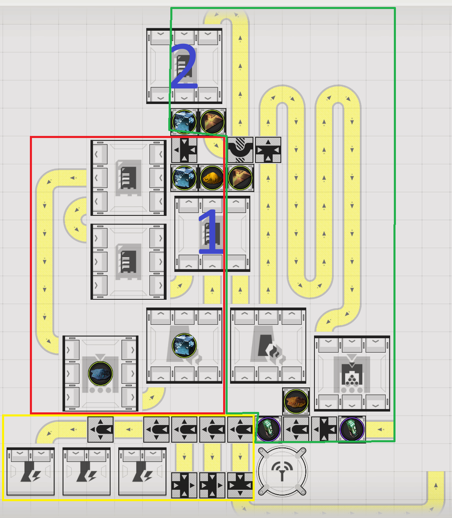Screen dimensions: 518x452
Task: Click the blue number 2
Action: click(183, 66)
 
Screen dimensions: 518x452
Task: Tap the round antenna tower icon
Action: click(282, 470)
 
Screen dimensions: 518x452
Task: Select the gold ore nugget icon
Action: click(212, 178)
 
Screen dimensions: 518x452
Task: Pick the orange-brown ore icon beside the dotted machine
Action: click(296, 401)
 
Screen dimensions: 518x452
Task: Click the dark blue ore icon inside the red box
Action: click(100, 373)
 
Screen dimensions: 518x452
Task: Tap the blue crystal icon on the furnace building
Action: click(184, 346)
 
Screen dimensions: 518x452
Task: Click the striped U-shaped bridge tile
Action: click(240, 150)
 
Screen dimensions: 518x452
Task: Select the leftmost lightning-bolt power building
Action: click(31, 471)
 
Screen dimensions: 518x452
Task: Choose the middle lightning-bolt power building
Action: click(86, 471)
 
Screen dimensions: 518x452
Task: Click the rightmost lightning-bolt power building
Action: click(142, 471)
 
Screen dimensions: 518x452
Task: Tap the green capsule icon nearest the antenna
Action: click(269, 429)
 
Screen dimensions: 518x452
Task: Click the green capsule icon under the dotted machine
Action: click(352, 429)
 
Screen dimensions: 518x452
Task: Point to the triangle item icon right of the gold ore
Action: click(240, 178)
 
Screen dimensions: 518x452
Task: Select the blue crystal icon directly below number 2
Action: click(184, 122)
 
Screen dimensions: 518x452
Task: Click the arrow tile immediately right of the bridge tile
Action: click(268, 150)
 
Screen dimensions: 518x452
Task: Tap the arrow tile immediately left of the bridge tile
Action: click(184, 150)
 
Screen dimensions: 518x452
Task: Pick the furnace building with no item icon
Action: click(268, 346)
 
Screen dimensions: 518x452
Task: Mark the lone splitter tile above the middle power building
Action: click(100, 429)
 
